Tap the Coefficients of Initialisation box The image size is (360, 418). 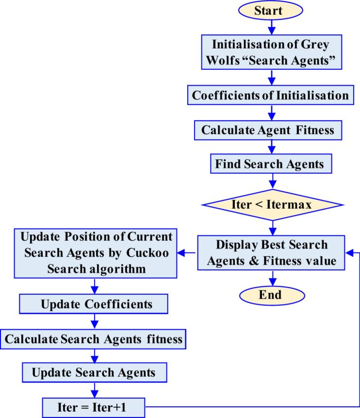tap(271, 95)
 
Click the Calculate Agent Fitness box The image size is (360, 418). tap(271, 130)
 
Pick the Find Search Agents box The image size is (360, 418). tap(271, 165)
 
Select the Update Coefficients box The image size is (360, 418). tap(93, 304)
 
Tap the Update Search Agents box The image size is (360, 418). tap(94, 373)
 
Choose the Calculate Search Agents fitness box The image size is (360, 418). tap(94, 339)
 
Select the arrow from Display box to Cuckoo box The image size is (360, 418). tap(187, 252)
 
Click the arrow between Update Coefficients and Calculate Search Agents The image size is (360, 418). tap(94, 322)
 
